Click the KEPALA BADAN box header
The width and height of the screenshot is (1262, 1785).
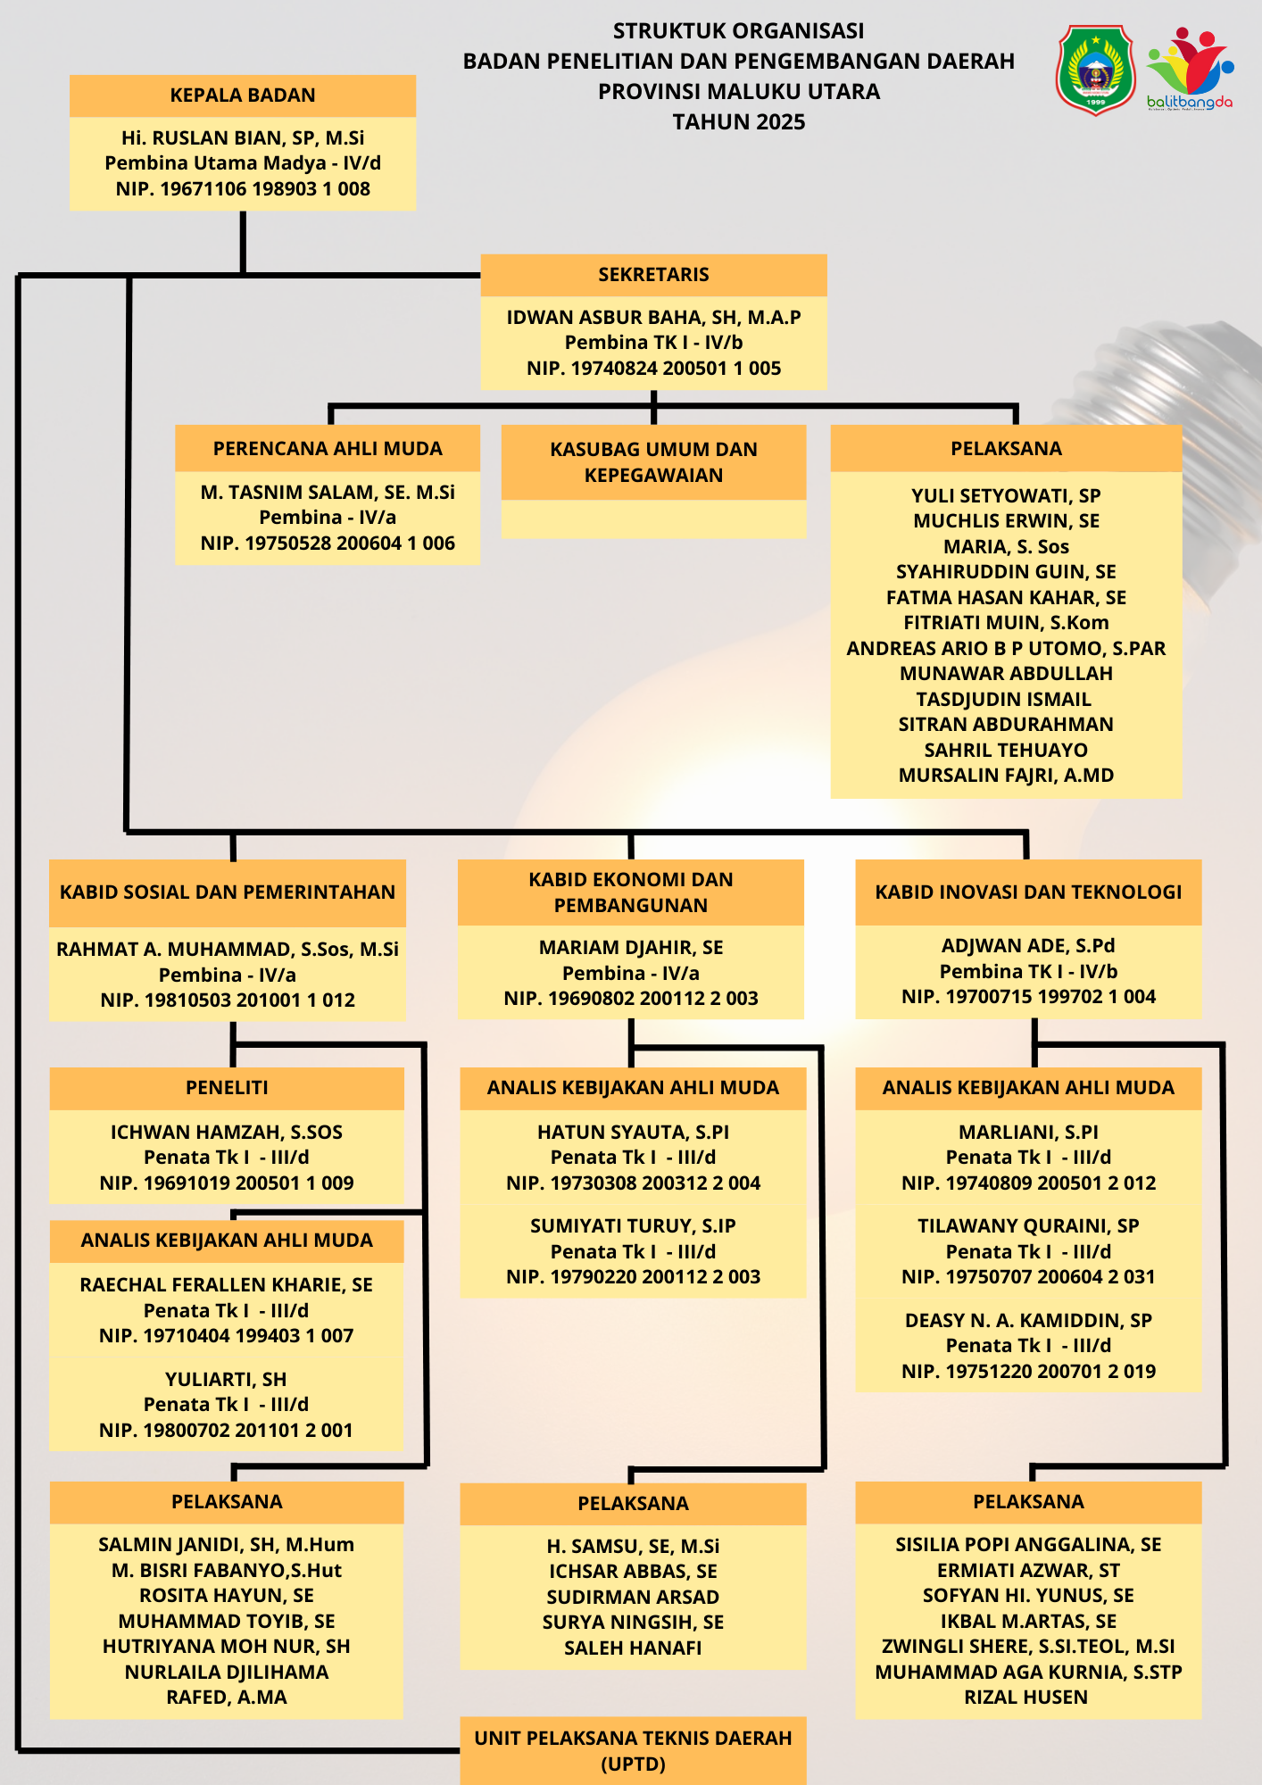click(243, 95)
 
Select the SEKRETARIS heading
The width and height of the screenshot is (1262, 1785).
click(653, 275)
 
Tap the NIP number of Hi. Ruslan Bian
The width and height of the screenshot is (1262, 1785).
click(243, 189)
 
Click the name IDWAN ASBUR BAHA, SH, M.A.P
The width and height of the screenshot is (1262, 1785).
click(653, 318)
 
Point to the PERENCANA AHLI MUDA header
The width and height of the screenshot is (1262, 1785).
click(328, 449)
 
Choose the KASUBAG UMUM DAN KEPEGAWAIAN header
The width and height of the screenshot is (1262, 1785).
click(653, 462)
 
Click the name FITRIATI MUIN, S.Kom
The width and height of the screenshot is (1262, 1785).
click(1006, 623)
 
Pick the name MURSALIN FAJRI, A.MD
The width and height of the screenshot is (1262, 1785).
click(1006, 776)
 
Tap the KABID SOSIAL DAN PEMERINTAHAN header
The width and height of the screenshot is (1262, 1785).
click(228, 892)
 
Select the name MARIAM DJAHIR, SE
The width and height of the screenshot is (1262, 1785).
click(631, 948)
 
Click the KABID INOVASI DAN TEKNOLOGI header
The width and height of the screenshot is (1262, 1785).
click(1028, 892)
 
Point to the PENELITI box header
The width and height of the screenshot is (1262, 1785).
click(227, 1088)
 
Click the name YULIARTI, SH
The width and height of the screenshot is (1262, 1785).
click(226, 1380)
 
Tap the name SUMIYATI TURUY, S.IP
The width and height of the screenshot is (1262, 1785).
click(633, 1226)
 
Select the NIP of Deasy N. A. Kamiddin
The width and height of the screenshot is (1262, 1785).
click(1028, 1372)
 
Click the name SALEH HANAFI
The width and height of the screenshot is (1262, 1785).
click(633, 1648)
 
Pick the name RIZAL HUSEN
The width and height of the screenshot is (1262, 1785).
click(1026, 1698)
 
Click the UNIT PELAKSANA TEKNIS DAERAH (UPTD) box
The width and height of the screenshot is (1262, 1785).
click(633, 1751)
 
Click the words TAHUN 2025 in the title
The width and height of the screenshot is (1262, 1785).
click(739, 122)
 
